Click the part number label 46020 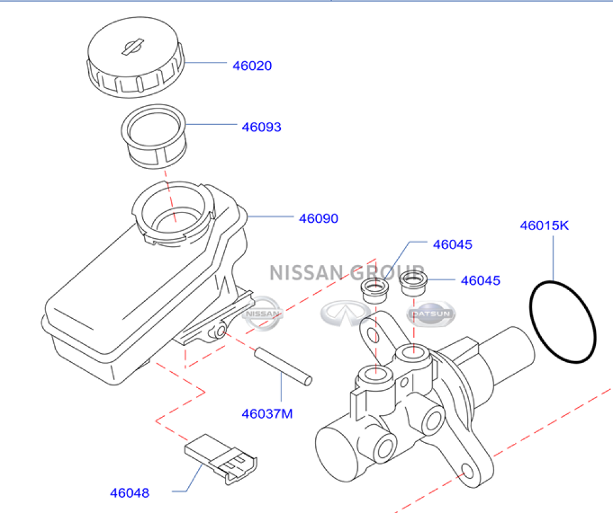252,66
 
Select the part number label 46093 262,127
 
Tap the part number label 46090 319,219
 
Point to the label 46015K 544,225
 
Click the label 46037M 267,413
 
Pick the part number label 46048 130,493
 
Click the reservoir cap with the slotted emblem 135,57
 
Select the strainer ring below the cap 154,136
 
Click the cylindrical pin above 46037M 283,366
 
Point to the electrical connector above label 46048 221,459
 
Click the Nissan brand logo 262,313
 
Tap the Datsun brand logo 431,313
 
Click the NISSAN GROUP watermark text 347,272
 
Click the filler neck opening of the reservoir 173,211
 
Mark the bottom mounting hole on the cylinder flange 468,471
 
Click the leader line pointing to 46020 205,62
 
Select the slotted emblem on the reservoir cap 133,47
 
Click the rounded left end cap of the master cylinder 336,453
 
